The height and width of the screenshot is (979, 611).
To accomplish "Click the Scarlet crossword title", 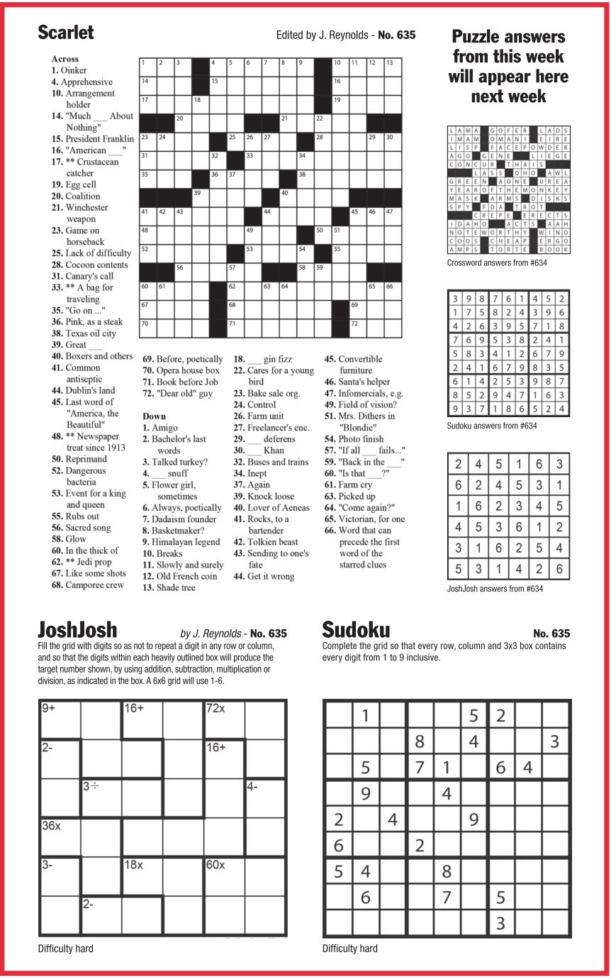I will point(65,33).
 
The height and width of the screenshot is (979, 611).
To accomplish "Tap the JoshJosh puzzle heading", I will point(77,630).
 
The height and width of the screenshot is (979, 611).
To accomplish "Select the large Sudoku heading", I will point(356,630).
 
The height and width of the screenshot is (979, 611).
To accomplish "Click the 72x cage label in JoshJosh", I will point(215,708).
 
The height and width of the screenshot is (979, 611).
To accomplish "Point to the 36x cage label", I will point(51,825).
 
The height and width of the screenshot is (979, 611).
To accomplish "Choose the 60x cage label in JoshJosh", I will point(215,865).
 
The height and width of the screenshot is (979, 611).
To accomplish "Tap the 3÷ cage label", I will point(91,786).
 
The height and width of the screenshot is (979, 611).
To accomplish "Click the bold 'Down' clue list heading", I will point(154,416).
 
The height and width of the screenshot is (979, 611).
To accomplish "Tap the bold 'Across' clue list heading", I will point(65,59).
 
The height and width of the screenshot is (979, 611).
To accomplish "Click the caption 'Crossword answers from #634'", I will point(497,263).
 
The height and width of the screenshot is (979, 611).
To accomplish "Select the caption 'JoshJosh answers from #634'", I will point(495,588).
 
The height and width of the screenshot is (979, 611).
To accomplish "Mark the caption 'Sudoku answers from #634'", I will point(492,426).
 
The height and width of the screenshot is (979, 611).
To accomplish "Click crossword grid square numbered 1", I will point(147,67).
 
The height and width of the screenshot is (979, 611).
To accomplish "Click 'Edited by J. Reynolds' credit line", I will point(323,35).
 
